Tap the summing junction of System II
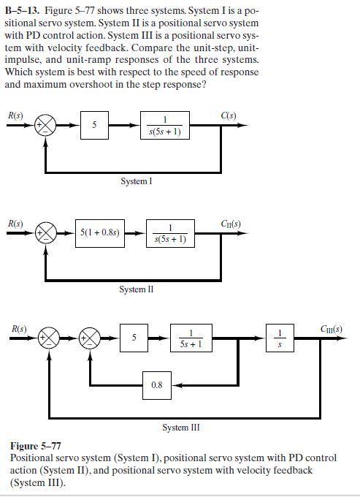(46, 234)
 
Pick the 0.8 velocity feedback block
(157, 384)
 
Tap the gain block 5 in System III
(134, 339)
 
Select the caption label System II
(136, 289)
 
